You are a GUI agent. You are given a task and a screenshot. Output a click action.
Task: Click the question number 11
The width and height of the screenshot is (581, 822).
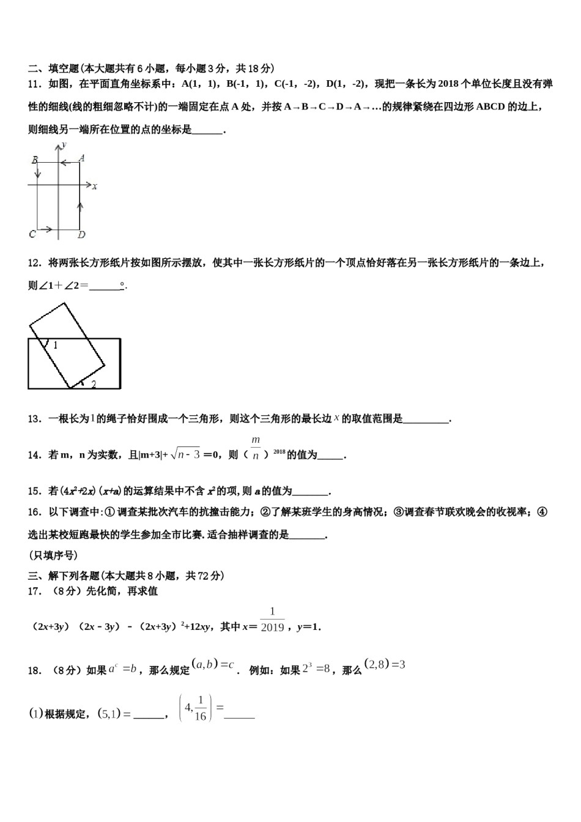pyautogui.click(x=34, y=84)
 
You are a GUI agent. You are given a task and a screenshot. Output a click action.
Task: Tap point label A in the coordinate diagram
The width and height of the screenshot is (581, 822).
pyautogui.click(x=81, y=158)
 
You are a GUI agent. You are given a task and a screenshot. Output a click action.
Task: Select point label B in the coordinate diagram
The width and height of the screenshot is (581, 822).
pyautogui.click(x=35, y=160)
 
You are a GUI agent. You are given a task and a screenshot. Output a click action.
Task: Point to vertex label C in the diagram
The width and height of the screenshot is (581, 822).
pyautogui.click(x=32, y=234)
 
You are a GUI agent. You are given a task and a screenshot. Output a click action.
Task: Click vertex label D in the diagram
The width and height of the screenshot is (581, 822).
pyautogui.click(x=81, y=234)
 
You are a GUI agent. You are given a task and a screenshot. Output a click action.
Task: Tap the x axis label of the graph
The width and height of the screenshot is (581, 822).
pyautogui.click(x=95, y=186)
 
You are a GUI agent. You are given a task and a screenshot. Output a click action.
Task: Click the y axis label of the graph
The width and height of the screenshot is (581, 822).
pyautogui.click(x=64, y=144)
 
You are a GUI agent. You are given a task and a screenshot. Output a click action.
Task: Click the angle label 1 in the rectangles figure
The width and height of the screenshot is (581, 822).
pyautogui.click(x=55, y=346)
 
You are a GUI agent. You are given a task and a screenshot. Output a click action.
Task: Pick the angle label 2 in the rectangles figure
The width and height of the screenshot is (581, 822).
pyautogui.click(x=94, y=384)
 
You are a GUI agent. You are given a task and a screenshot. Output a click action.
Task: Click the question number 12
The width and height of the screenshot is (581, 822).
pyautogui.click(x=34, y=263)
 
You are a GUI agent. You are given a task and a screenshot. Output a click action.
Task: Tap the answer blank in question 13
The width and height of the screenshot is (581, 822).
pyautogui.click(x=426, y=420)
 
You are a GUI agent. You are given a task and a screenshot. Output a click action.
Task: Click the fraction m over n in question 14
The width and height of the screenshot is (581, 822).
pyautogui.click(x=256, y=448)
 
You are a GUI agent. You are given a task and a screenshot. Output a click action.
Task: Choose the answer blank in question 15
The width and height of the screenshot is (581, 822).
pyautogui.click(x=311, y=492)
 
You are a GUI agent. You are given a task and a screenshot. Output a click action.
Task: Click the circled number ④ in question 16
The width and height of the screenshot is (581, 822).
pyautogui.click(x=541, y=512)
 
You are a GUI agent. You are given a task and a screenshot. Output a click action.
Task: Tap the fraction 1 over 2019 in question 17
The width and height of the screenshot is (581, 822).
pyautogui.click(x=272, y=620)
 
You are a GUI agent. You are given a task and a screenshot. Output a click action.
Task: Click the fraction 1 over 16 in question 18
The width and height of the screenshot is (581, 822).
pyautogui.click(x=200, y=708)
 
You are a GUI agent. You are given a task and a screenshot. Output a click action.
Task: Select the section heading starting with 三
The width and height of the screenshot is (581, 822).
pyautogui.click(x=126, y=576)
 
